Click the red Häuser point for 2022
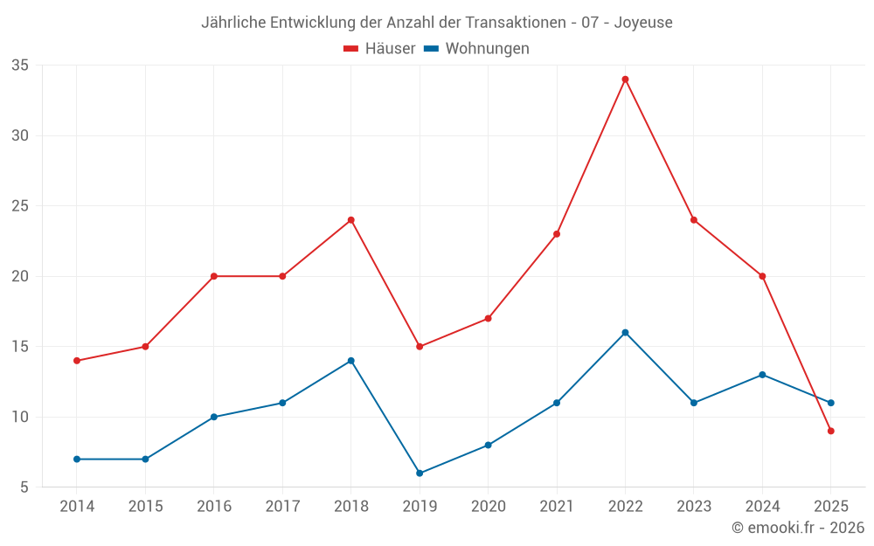pyautogui.click(x=625, y=79)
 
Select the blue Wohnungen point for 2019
pyautogui.click(x=420, y=473)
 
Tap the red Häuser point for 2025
pyautogui.click(x=831, y=431)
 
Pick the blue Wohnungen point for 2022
pyautogui.click(x=625, y=333)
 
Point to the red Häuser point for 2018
pyautogui.click(x=350, y=220)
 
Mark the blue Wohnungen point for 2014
pyautogui.click(x=77, y=459)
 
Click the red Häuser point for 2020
pyautogui.click(x=488, y=318)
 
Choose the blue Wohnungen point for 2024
pyautogui.click(x=762, y=375)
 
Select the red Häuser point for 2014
pyautogui.click(x=77, y=361)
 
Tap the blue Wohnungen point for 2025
pyautogui.click(x=831, y=403)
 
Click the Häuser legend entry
pyautogui.click(x=379, y=49)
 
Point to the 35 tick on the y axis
pyautogui.click(x=20, y=66)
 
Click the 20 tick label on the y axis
pyautogui.click(x=20, y=276)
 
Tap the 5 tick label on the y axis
pyautogui.click(x=24, y=487)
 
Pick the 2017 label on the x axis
pyautogui.click(x=282, y=507)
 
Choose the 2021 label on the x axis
pyautogui.click(x=557, y=507)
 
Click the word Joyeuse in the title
pyautogui.click(x=643, y=23)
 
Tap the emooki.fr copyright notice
pyautogui.click(x=798, y=528)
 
